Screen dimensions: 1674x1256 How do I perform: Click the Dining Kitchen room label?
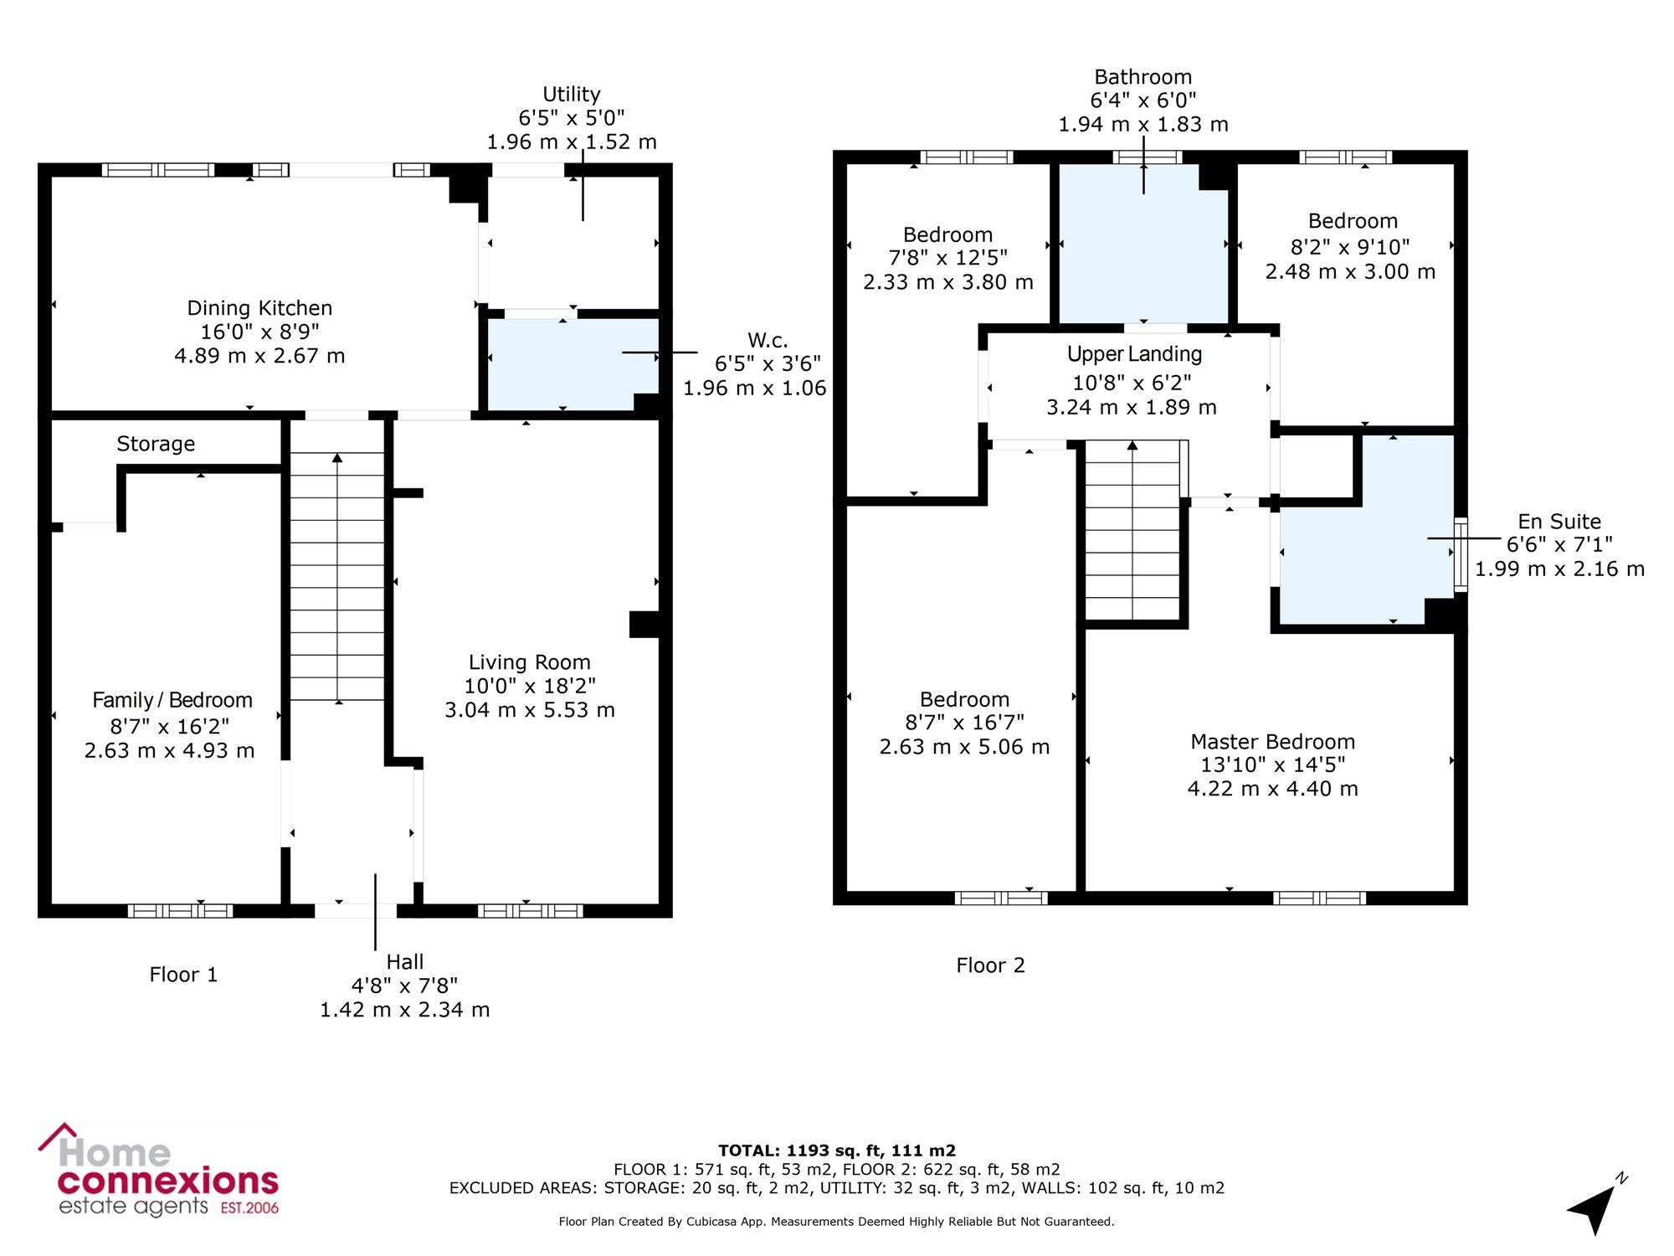coord(259,308)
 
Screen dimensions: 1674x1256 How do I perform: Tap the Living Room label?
coord(530,662)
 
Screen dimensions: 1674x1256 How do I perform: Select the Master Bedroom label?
coord(1273,742)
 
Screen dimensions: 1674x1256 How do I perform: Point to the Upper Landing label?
coord(1134,354)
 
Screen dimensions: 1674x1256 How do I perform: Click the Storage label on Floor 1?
coord(156,444)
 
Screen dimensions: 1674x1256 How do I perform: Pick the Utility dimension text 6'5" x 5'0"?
coord(572,118)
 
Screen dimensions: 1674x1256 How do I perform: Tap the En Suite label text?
coord(1559,522)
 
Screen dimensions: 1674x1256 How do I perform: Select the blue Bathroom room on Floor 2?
coord(1143,243)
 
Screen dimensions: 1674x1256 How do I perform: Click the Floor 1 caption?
coord(183,975)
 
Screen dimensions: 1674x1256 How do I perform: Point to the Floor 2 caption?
coord(990,965)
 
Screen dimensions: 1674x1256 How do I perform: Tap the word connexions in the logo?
coord(167,1182)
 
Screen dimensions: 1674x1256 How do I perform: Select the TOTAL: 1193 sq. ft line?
coord(837,1150)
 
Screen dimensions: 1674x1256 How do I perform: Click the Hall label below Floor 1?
coord(405,962)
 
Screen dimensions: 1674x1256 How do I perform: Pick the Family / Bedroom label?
coord(172,700)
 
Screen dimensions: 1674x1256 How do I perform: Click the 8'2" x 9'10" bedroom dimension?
coord(1350,247)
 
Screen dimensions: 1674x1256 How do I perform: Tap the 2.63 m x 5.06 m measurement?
coord(964,747)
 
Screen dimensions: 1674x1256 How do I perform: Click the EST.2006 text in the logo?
coord(249,1208)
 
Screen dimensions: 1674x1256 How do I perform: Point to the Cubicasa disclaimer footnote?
coord(837,1222)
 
